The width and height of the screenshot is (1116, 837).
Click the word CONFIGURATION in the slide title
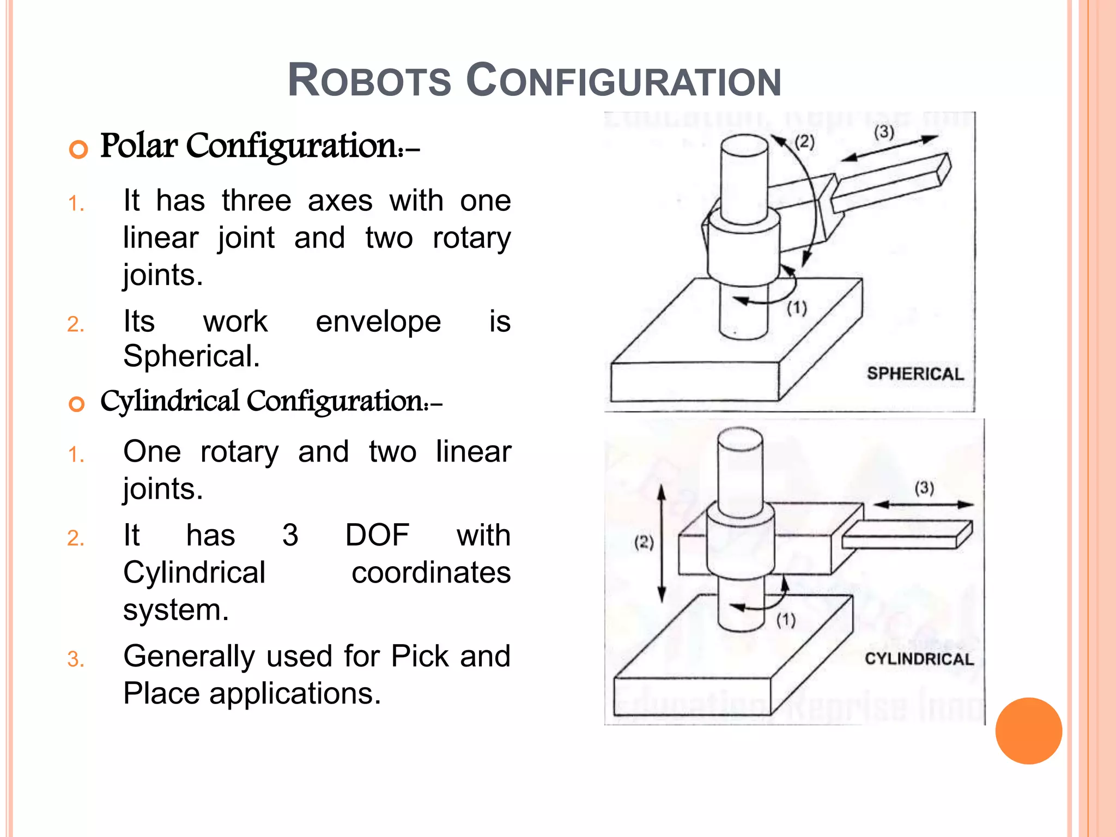point(624,81)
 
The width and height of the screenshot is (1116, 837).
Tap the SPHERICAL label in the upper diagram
point(915,374)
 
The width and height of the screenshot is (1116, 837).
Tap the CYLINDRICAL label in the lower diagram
point(919,659)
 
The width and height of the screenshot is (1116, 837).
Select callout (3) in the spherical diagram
point(884,132)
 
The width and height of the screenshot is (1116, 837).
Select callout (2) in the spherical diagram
point(804,142)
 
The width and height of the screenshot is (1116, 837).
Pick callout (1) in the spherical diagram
point(797,308)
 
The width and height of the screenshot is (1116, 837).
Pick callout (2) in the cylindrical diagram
point(644,542)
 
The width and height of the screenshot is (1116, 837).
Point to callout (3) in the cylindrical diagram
point(924,487)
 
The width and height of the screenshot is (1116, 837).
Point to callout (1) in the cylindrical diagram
point(786,620)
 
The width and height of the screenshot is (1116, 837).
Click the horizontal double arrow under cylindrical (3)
point(924,505)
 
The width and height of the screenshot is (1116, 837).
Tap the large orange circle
point(1028,731)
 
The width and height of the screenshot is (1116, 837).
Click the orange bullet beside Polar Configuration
point(78,149)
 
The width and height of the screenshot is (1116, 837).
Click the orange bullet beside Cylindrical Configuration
point(77,404)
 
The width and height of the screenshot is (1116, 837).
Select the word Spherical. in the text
point(191,356)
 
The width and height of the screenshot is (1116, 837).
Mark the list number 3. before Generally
point(76,659)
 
